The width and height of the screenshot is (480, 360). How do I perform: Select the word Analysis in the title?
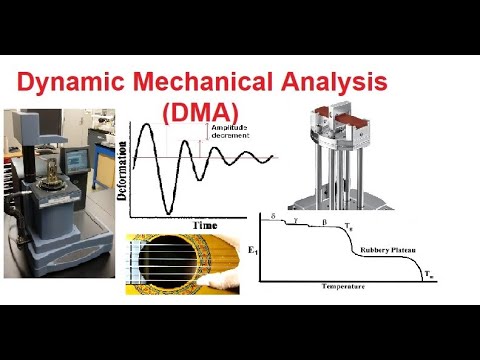click(x=330, y=82)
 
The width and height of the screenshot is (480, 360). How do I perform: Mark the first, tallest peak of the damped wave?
click(x=150, y=125)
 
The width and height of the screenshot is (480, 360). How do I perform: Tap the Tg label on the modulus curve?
click(x=348, y=228)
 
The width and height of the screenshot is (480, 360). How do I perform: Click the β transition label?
click(x=323, y=220)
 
